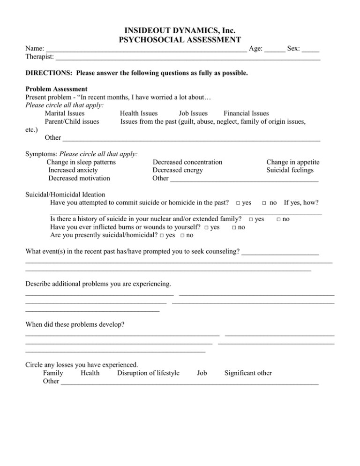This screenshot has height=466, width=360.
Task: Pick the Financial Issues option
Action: [246, 113]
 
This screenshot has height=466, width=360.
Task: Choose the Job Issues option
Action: [193, 113]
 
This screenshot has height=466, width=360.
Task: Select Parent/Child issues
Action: [72, 121]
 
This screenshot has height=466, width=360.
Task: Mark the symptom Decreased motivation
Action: [79, 178]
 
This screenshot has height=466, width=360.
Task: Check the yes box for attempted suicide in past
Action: [239, 203]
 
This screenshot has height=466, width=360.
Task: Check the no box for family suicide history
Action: [279, 219]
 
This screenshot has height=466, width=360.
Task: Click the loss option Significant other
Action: [248, 373]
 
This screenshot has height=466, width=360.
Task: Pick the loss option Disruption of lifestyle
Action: [148, 373]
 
